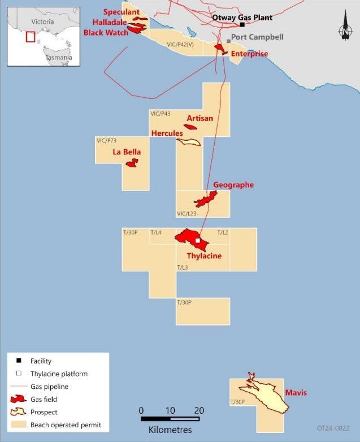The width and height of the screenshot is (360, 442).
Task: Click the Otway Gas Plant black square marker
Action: pos(242,25)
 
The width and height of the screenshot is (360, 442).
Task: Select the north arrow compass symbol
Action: pos(345,30)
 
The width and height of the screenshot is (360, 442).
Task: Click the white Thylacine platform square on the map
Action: pos(197,241)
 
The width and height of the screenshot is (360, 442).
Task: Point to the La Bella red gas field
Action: pos(132,163)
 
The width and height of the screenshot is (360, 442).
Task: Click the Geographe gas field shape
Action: pos(206,200)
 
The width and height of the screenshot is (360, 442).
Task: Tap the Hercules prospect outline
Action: pos(188,142)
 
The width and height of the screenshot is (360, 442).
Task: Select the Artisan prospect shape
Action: pos(192,125)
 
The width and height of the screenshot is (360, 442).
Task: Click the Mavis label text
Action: pos(296,392)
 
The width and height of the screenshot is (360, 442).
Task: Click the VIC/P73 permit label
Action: pos(107,140)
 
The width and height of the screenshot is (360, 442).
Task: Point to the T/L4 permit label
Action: pos(156,232)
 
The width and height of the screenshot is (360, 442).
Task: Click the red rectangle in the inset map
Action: pos(31,36)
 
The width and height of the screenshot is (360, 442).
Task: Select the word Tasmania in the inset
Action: pos(59,58)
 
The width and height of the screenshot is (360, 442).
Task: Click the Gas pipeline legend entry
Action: pos(49,387)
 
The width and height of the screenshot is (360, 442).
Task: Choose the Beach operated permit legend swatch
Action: pos(19,424)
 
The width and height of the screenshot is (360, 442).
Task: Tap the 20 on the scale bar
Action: pos(199,410)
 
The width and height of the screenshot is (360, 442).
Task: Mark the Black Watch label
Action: pos(106,32)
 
